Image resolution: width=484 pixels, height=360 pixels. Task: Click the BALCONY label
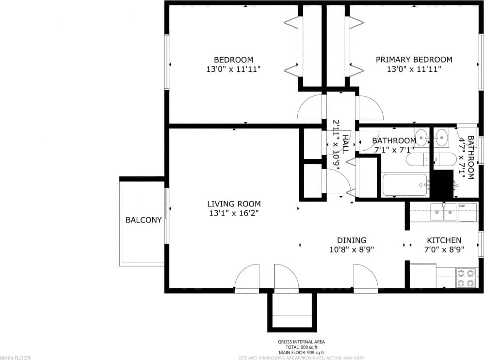pos(143,220)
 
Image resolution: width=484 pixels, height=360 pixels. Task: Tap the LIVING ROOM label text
pos(234,204)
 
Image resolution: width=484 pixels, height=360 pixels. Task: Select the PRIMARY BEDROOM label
pos(414,60)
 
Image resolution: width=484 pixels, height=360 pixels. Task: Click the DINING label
pos(352,240)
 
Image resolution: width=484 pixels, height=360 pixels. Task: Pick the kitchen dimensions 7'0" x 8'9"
pos(444,250)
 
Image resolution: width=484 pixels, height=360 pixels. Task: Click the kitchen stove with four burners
pos(466,278)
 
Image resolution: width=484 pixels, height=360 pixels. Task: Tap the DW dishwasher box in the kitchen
pos(468,212)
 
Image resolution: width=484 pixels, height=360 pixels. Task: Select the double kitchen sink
pos(444,212)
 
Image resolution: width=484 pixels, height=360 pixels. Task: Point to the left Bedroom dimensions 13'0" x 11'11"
pos(234,69)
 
